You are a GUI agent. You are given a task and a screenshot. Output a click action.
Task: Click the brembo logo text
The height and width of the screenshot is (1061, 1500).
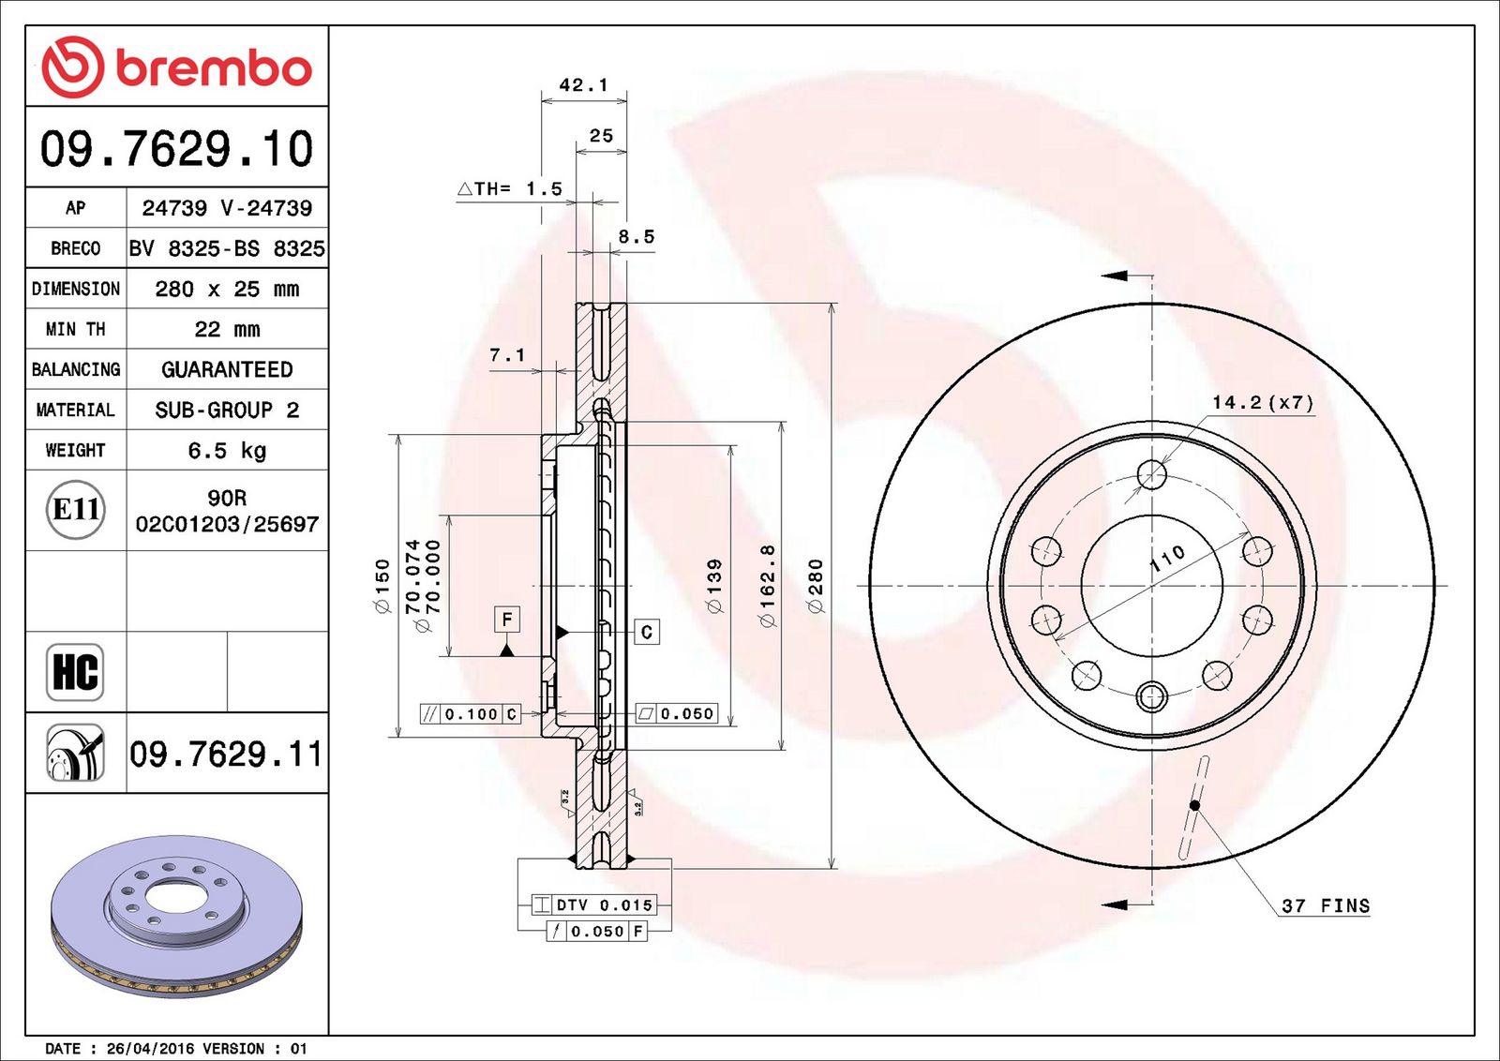click(214, 68)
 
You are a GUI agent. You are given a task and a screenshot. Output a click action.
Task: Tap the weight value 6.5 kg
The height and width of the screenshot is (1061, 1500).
click(227, 451)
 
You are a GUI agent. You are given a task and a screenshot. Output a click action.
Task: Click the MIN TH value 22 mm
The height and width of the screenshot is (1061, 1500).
click(227, 329)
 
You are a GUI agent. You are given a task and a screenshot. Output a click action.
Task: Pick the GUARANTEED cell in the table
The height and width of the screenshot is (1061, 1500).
click(227, 369)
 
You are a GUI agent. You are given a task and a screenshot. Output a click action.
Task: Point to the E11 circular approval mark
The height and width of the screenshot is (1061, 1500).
click(76, 510)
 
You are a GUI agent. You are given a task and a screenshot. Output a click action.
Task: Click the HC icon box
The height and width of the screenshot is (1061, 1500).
click(75, 672)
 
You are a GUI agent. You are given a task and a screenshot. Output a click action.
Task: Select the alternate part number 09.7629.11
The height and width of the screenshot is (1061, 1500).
click(226, 754)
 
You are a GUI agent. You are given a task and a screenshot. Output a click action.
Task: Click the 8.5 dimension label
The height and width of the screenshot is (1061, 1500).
click(637, 236)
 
